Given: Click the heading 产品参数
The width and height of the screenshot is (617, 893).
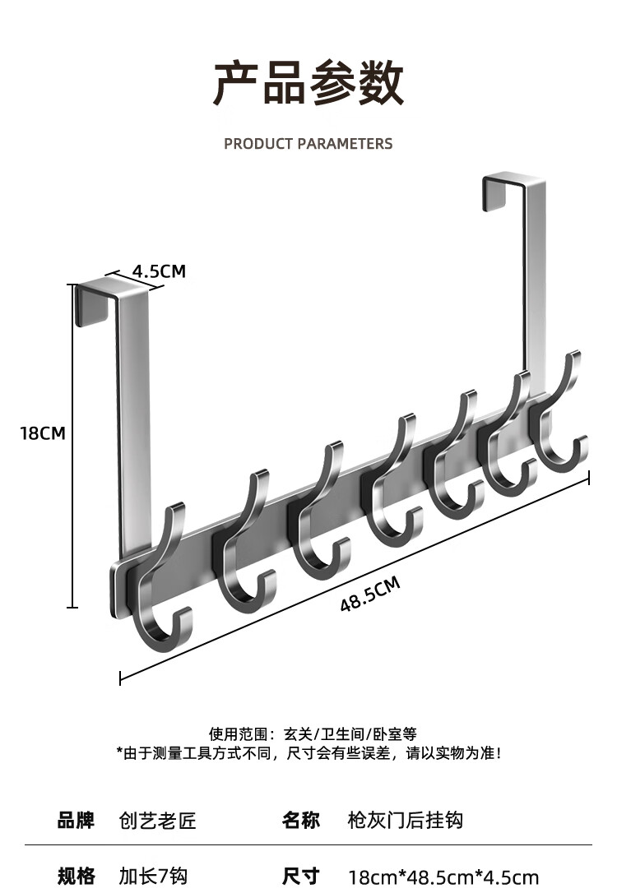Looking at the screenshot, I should tap(308, 84).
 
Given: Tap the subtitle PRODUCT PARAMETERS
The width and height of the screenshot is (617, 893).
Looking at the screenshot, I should tap(308, 144).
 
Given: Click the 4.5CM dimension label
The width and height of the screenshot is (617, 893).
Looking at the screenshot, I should tap(159, 271).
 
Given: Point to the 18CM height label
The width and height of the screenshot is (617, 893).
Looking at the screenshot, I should tap(42, 433).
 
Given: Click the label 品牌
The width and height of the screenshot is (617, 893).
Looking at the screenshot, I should tap(76, 820).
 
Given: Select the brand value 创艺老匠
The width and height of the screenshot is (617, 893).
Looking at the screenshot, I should tap(158, 820).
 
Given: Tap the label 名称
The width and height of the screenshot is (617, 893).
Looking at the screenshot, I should tap(300, 820).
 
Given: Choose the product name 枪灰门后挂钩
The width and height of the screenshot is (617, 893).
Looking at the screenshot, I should tap(406, 820).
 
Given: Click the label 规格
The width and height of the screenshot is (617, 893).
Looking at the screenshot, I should tap(76, 876).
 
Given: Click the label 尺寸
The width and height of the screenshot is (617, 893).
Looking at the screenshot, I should tap(300, 876).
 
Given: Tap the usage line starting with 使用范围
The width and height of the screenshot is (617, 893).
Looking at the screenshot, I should tap(313, 733).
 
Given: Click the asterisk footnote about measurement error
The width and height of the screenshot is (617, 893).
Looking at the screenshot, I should tap(308, 752).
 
